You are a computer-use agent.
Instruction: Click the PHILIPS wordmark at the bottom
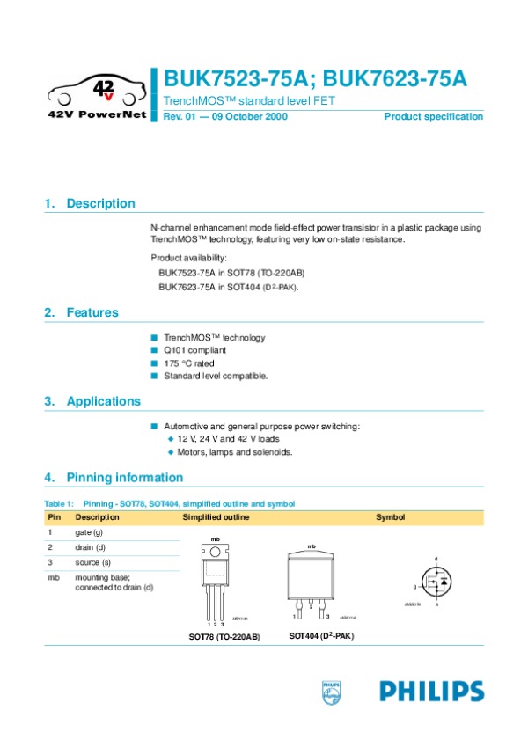click(431, 691)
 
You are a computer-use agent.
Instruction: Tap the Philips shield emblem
click(330, 692)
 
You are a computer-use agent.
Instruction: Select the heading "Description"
click(100, 203)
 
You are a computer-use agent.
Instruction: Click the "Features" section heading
click(92, 312)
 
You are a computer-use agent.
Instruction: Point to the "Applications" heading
click(103, 401)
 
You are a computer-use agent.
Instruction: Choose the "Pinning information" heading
click(124, 478)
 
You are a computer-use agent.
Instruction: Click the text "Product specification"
click(433, 117)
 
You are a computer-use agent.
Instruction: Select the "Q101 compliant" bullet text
click(194, 350)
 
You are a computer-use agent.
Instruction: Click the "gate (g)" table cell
click(89, 532)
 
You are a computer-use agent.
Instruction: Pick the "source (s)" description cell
click(92, 561)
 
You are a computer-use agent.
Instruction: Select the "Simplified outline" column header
click(216, 517)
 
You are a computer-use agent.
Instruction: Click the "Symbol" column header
click(390, 517)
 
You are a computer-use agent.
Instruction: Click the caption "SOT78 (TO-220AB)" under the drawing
click(224, 636)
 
